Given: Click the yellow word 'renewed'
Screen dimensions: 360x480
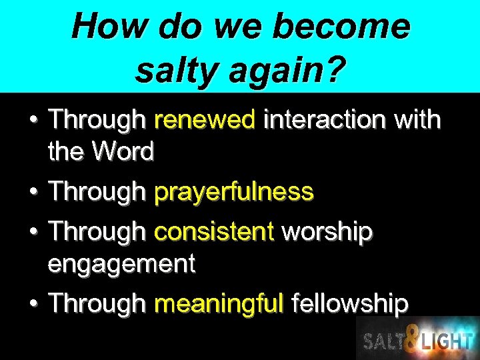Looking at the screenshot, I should click(205, 120).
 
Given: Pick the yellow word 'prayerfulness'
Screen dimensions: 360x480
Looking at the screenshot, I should click(233, 193).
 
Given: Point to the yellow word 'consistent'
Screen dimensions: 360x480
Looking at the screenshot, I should click(214, 232).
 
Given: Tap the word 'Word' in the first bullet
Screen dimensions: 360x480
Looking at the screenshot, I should click(123, 152).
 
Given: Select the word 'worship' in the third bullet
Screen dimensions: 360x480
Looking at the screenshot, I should click(327, 233).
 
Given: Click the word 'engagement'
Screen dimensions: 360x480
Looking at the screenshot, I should click(121, 264).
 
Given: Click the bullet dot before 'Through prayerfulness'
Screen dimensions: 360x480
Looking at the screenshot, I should click(33, 193).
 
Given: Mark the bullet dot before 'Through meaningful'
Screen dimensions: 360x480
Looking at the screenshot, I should click(33, 305).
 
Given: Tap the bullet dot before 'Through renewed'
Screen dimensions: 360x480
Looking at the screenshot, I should click(33, 121).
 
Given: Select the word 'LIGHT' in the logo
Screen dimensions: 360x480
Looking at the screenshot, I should click(446, 341).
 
